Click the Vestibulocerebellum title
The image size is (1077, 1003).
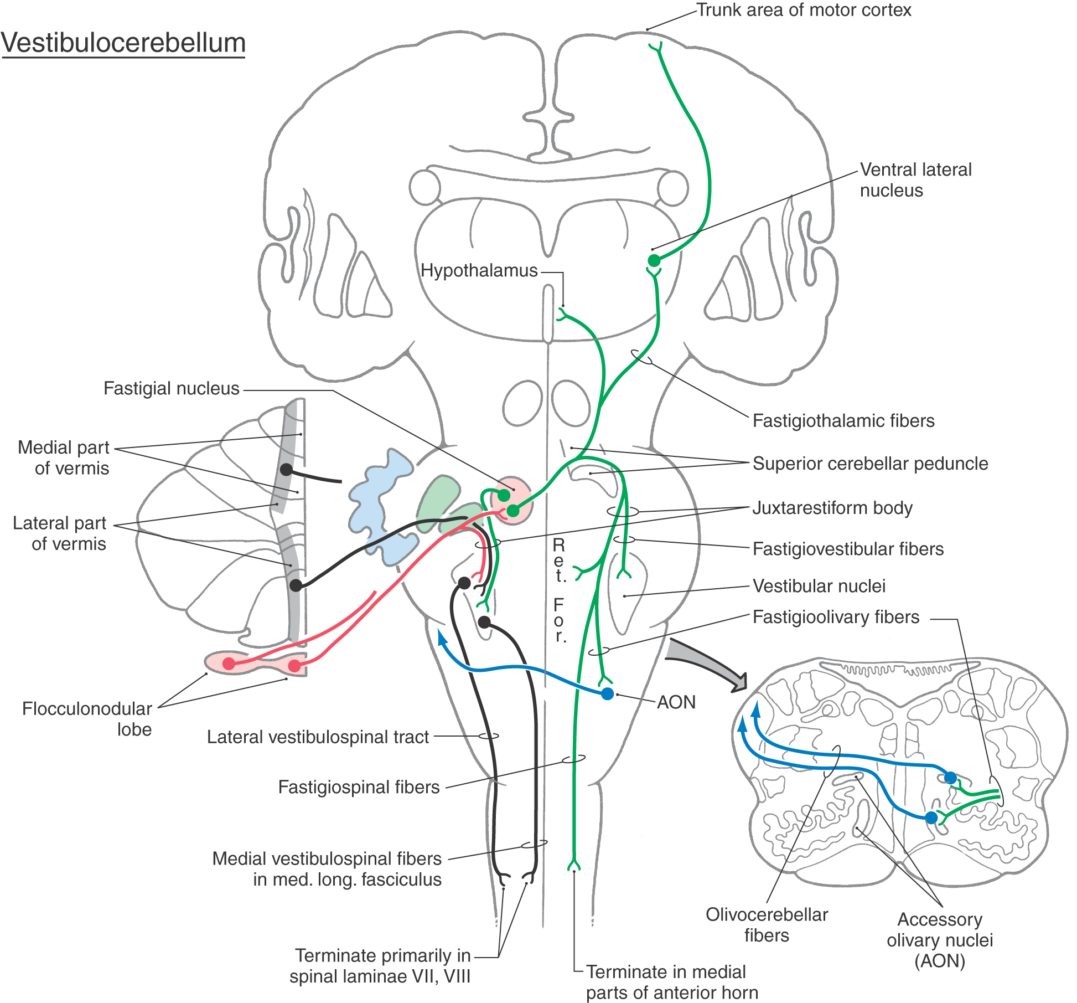coord(123,43)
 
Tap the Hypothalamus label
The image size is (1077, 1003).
coord(479,270)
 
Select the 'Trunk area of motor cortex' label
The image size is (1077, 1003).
coord(803,10)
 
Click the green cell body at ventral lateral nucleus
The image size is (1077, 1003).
coord(654,260)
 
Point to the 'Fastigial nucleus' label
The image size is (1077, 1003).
coord(171,388)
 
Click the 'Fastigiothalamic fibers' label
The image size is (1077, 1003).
coord(843,420)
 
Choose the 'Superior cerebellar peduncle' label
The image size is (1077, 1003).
coord(870,463)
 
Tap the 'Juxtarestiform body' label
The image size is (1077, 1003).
coord(832,507)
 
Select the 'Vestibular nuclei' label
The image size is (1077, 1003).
coord(819,585)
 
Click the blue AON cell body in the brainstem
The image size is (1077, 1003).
coord(607,693)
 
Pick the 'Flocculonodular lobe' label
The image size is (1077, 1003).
coord(87,719)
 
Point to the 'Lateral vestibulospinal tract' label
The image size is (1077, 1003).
coord(318,737)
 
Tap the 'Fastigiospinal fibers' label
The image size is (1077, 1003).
coord(359,786)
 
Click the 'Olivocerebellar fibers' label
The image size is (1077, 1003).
coord(767,924)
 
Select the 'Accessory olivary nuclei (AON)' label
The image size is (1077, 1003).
coord(940,939)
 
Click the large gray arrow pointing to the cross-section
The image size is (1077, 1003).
coord(708,663)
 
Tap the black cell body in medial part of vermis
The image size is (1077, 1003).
coord(286,470)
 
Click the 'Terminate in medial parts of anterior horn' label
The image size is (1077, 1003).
coord(671,982)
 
